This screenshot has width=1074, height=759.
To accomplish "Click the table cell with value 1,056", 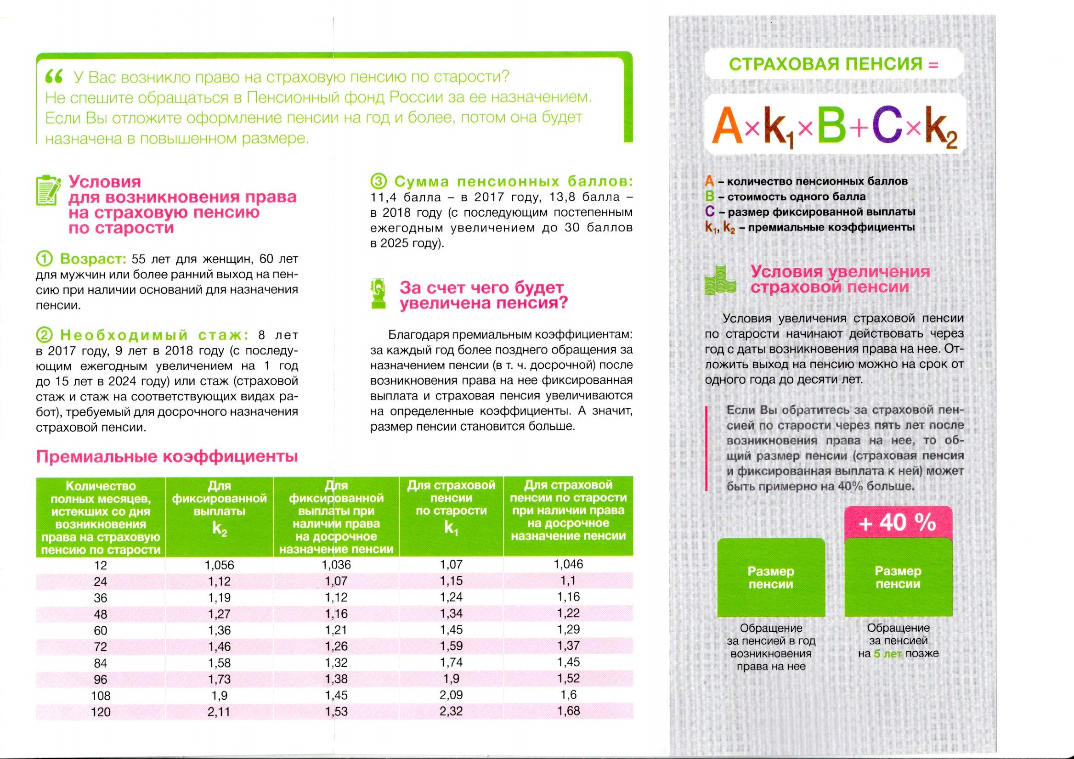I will (219, 565).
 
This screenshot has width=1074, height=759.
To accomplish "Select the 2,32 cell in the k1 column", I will (451, 711).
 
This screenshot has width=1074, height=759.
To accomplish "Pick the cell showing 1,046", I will (568, 564).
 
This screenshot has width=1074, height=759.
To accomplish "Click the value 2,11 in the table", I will (219, 711).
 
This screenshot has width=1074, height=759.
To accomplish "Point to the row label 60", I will (101, 630).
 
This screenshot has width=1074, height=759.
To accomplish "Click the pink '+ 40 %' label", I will (898, 523).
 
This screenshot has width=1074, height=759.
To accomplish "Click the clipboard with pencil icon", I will (48, 191).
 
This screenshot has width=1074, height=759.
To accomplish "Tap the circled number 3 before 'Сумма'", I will (378, 181).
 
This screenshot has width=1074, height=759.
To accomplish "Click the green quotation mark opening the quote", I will (54, 77).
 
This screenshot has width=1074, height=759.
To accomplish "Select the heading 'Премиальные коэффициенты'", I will (167, 456).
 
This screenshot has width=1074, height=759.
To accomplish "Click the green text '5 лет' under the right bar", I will (887, 654).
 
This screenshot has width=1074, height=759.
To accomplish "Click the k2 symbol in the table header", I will (219, 529).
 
